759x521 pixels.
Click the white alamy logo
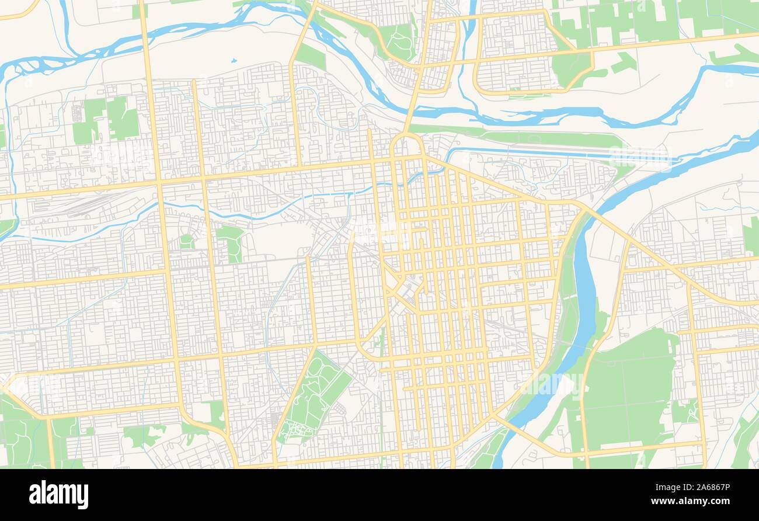[58, 495]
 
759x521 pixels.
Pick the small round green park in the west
[186, 240]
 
